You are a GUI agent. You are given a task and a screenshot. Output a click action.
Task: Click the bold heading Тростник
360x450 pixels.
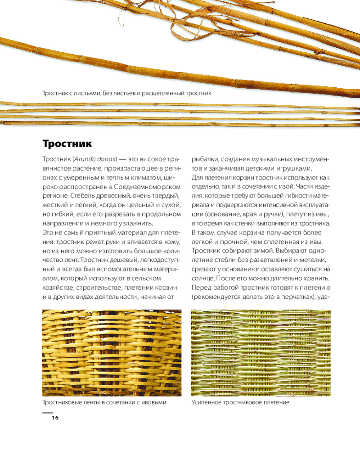click(67, 144)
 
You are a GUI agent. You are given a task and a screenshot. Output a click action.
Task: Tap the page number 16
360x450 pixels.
click(55, 418)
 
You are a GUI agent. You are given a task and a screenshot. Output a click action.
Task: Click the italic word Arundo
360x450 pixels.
click(84, 160)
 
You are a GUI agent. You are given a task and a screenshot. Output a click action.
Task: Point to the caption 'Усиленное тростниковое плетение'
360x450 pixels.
click(239, 402)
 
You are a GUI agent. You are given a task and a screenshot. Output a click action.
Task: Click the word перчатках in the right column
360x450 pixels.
click(292, 297)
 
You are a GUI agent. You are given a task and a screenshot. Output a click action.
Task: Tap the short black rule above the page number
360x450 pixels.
click(48, 412)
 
